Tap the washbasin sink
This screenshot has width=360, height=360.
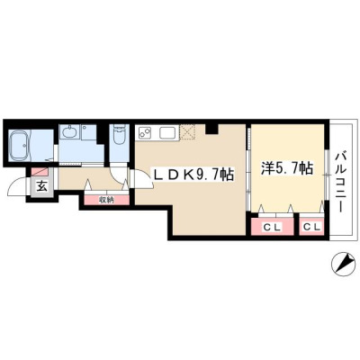point(69,132)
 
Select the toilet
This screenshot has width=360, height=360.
point(120,135)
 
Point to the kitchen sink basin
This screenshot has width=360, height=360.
point(168,132)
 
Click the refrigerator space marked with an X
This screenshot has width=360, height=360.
point(187,132)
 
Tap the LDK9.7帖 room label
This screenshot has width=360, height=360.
point(193,175)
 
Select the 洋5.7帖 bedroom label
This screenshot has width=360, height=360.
point(287,168)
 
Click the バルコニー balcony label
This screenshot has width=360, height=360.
point(340,183)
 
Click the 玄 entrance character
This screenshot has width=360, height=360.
point(42,186)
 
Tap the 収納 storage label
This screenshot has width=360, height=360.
point(107,200)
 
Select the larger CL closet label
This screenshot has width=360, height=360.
point(272,227)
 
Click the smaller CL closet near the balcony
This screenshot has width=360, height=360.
point(312,227)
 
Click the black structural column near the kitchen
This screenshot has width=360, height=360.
point(211,129)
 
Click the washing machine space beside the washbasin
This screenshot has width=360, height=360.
point(89,132)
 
